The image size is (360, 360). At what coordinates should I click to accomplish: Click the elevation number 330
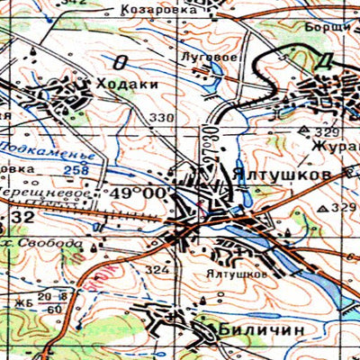[161, 119]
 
